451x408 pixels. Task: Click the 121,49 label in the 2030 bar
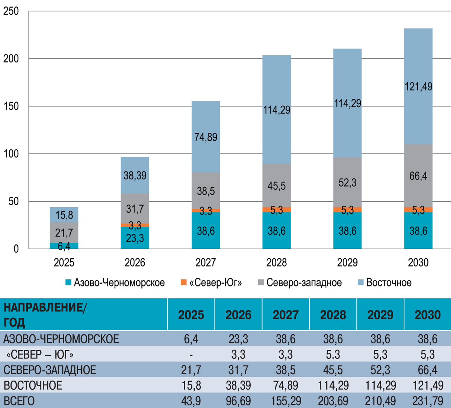pyautogui.click(x=418, y=87)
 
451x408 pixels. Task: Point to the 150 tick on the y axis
pyautogui.click(x=11, y=106)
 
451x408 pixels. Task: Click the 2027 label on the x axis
pyautogui.click(x=206, y=262)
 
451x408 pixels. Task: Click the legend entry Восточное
pyautogui.click(x=389, y=283)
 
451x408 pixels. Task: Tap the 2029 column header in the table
pyautogui.click(x=380, y=315)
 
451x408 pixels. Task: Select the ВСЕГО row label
pyautogui.click(x=19, y=401)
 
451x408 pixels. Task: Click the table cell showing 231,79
pyautogui.click(x=428, y=401)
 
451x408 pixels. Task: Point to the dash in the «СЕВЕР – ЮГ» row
pyautogui.click(x=191, y=355)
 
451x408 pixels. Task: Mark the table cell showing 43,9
pyautogui.click(x=191, y=401)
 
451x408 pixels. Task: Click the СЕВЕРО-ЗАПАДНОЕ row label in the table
pyautogui.click(x=50, y=370)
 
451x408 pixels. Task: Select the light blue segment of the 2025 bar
pyautogui.click(x=64, y=215)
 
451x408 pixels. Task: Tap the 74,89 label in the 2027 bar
pyautogui.click(x=206, y=137)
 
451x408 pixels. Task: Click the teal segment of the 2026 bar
pyautogui.click(x=135, y=238)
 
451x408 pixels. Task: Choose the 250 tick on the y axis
pyautogui.click(x=11, y=12)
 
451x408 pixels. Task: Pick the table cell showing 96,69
pyautogui.click(x=239, y=401)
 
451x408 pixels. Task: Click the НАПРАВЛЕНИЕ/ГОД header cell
pyautogui.click(x=45, y=315)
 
